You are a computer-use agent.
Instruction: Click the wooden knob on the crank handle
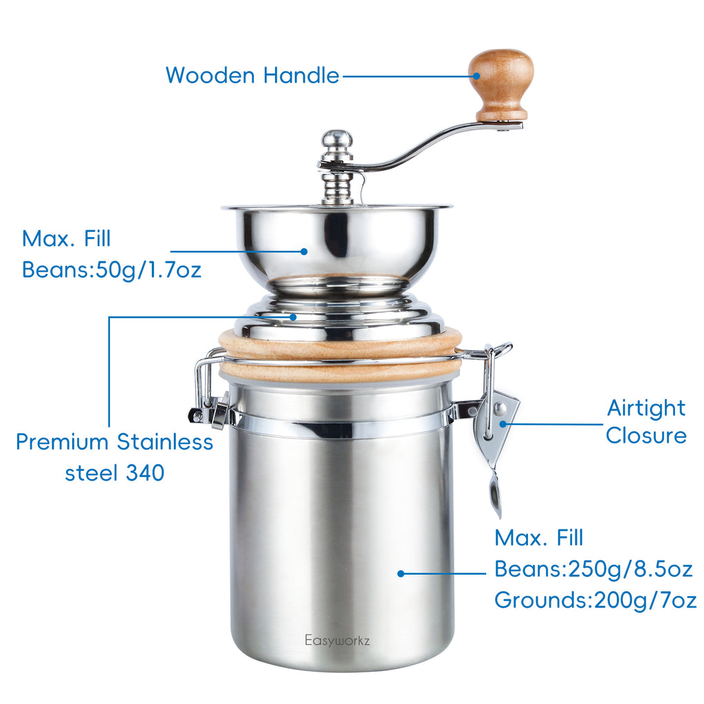click(501, 81)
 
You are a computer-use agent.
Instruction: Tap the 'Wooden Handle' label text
click(252, 75)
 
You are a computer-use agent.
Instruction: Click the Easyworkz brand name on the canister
click(338, 640)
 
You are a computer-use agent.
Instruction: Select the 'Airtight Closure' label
click(646, 421)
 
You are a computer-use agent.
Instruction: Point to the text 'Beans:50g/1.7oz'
click(111, 269)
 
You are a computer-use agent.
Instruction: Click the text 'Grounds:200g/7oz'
click(595, 600)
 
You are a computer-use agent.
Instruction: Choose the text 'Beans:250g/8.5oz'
click(593, 569)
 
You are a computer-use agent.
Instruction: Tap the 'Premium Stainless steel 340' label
click(114, 456)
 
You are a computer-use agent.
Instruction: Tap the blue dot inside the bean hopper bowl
click(304, 252)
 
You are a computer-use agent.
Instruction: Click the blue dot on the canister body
click(401, 573)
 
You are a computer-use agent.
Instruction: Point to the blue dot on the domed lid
click(294, 317)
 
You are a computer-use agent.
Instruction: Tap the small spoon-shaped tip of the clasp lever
click(494, 494)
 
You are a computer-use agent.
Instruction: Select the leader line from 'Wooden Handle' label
click(406, 76)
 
